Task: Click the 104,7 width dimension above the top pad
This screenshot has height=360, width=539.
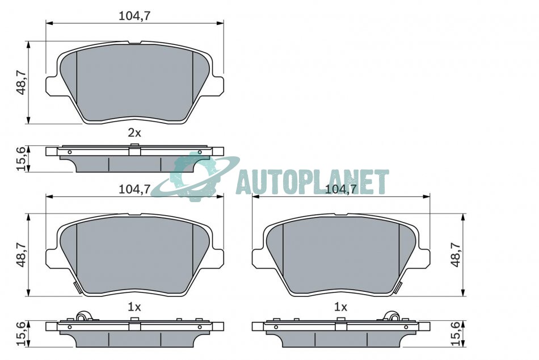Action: pos(135,16)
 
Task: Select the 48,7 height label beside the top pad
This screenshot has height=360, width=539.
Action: pos(22,82)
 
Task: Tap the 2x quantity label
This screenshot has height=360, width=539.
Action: pos(134,133)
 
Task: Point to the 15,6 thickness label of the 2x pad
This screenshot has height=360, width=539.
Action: pos(22,158)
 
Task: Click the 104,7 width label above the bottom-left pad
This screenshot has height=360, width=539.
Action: pos(135,189)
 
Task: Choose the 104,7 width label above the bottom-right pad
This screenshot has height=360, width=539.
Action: pos(341,189)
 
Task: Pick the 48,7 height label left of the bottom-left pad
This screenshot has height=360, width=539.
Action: pos(22,254)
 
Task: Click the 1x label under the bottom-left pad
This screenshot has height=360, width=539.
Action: pos(134,307)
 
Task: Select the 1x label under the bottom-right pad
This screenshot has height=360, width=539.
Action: pos(340,307)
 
